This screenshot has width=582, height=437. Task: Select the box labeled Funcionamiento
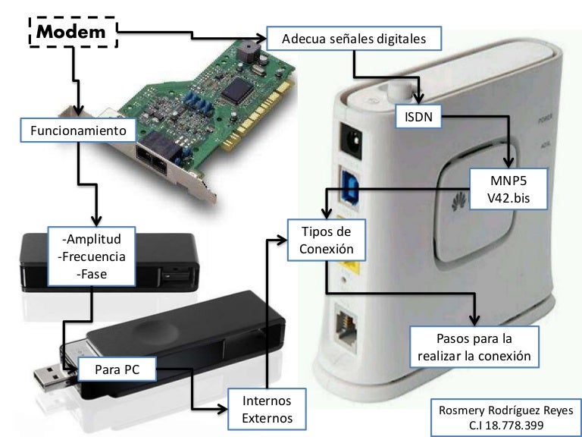pos(79,130)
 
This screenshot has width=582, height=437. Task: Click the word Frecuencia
pos(92,257)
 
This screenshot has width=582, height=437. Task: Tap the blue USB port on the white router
pos(353,187)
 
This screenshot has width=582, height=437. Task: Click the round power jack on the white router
pos(351,140)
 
